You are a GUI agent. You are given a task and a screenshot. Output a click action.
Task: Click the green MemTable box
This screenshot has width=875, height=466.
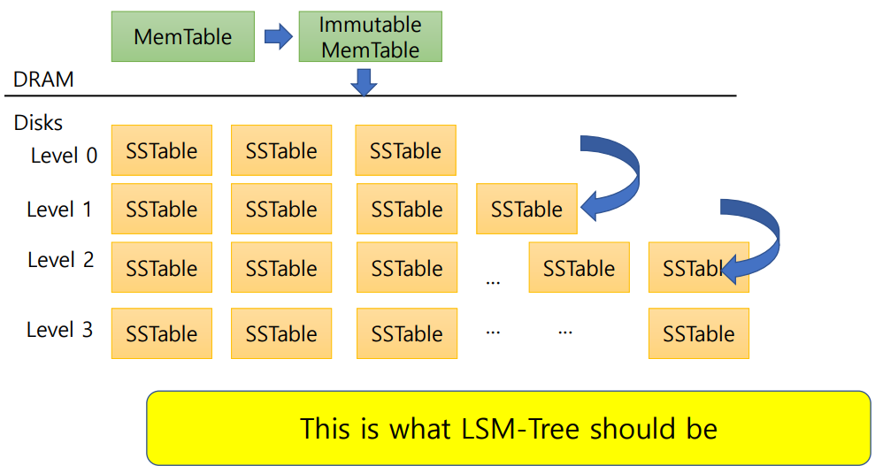[182, 36]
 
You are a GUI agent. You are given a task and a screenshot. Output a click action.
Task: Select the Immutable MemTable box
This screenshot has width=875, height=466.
[370, 36]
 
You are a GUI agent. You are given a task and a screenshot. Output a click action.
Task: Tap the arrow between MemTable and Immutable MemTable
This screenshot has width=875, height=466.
[279, 36]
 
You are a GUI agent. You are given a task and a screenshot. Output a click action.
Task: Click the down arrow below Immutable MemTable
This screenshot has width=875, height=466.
[364, 82]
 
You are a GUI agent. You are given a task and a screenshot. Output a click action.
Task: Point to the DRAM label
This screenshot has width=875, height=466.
[43, 80]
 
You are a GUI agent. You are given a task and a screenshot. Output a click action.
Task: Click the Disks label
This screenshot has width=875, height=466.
[38, 123]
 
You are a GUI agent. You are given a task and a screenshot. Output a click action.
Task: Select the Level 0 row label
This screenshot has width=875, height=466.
[64, 156]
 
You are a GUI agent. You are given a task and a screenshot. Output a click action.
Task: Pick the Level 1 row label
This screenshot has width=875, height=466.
[59, 210]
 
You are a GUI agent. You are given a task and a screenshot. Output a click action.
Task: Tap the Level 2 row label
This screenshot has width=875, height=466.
[60, 260]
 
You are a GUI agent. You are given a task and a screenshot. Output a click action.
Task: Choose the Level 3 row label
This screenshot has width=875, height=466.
[59, 330]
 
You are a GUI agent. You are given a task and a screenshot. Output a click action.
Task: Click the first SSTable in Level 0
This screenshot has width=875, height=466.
[162, 150]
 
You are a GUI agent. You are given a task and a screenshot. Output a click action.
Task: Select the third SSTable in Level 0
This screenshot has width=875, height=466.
[405, 150]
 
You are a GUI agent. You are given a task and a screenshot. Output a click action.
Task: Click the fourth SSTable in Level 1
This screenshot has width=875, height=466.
[526, 209]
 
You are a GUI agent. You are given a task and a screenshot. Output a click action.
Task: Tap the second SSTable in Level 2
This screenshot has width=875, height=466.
[281, 267]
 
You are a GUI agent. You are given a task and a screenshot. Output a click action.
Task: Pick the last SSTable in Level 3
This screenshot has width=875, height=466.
[698, 333]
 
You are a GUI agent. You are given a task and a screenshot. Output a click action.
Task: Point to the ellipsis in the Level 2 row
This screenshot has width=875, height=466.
[494, 281]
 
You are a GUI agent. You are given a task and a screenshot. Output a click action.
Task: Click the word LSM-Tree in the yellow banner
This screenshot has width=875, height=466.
[522, 428]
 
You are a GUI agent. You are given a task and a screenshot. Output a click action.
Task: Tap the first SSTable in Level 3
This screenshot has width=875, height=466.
[162, 333]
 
